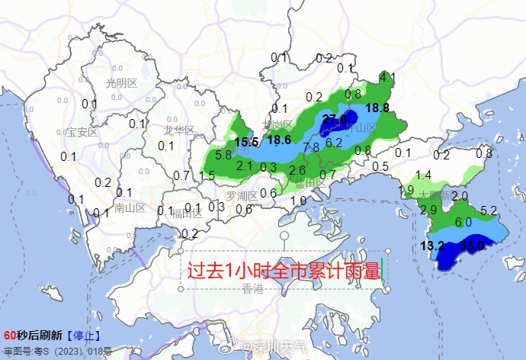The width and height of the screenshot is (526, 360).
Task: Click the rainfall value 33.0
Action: pyautogui.click(x=473, y=246)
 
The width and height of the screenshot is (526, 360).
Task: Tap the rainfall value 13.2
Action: pyautogui.click(x=432, y=246)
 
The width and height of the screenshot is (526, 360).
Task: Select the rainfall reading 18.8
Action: pyautogui.click(x=377, y=108)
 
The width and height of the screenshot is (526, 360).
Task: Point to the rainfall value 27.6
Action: pyautogui.click(x=335, y=118)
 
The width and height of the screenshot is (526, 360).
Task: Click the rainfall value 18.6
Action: pyautogui.click(x=278, y=140)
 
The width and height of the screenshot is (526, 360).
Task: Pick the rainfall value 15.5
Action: pyautogui.click(x=246, y=142)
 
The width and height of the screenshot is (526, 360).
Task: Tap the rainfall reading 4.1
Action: pyautogui.click(x=387, y=77)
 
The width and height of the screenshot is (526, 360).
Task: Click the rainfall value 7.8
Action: pyautogui.click(x=310, y=147)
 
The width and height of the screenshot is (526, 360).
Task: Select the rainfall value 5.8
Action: pyautogui.click(x=223, y=155)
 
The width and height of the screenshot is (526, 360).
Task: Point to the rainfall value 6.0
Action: pyautogui.click(x=463, y=222)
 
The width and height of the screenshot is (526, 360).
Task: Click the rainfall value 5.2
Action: pyautogui.click(x=489, y=211)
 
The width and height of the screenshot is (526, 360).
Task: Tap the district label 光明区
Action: pyautogui.click(x=121, y=82)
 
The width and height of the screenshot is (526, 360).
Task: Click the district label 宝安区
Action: pyautogui.click(x=83, y=132)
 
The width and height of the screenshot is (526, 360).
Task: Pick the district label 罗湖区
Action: pyautogui.click(x=242, y=196)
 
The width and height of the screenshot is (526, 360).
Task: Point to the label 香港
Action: pyautogui.click(x=252, y=288)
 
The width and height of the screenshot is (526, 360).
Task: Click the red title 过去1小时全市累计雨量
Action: pyautogui.click(x=284, y=271)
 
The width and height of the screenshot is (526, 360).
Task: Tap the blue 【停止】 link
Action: pyautogui.click(x=83, y=336)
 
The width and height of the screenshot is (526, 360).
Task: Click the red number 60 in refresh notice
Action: pyautogui.click(x=10, y=336)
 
